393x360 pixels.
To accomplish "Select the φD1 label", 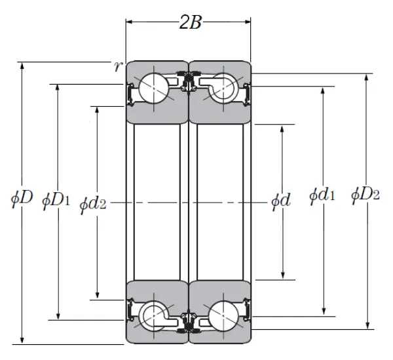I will pyautogui.click(x=56, y=198).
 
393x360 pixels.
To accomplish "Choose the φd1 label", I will pyautogui.click(x=322, y=195).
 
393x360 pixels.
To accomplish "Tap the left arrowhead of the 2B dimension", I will pyautogui.click(x=130, y=22).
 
